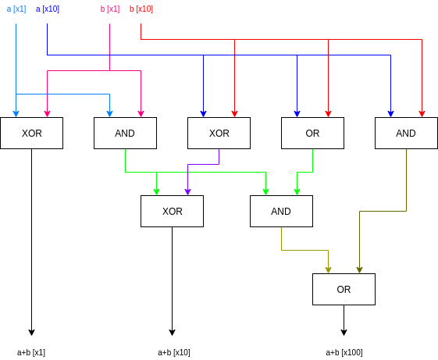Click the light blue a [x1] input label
tap(16, 9)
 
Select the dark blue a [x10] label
tap(48, 9)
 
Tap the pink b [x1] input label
tap(110, 9)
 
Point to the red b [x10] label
tap(141, 9)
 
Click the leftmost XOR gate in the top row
tap(32, 134)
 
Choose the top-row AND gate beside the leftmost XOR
tap(125, 134)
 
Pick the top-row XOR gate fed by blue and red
tap(219, 134)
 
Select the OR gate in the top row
tap(312, 134)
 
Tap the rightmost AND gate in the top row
tap(406, 134)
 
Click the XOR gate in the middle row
tap(173, 212)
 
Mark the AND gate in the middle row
tap(281, 212)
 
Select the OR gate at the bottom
tap(344, 290)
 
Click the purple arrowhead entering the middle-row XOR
tap(188, 191)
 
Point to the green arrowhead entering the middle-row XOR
tap(157, 191)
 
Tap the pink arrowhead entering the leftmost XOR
tap(48, 113)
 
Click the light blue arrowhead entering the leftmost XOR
tap(16, 113)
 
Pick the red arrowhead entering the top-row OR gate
tap(329, 113)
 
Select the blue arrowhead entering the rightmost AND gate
tap(391, 113)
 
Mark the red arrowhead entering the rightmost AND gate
tap(422, 113)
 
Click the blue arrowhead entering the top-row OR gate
tap(297, 113)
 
